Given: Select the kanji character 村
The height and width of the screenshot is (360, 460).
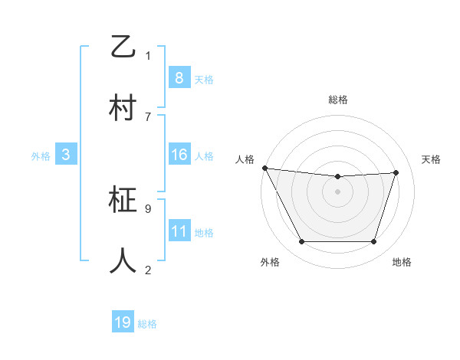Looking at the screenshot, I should [x=124, y=108].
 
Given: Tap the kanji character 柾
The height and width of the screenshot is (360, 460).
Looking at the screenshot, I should [x=124, y=201].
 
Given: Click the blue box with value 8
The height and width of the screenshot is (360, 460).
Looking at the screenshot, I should [x=179, y=78].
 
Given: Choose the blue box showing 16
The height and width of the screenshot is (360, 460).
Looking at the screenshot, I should [x=179, y=155].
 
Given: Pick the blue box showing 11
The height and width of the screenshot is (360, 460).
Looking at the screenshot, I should [x=179, y=231].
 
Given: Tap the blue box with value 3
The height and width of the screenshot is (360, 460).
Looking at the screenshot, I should [x=66, y=155].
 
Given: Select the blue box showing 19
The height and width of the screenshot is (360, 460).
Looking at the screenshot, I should [x=123, y=322].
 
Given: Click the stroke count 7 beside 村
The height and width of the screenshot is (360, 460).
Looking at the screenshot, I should [x=148, y=116].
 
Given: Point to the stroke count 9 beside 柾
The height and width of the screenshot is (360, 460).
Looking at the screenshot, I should [x=148, y=208].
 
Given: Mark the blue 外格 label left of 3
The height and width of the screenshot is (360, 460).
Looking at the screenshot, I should [x=41, y=155].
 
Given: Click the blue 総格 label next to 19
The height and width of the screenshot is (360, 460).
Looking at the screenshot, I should [x=147, y=324].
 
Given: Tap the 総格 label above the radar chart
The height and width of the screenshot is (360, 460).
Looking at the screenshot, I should [x=337, y=100].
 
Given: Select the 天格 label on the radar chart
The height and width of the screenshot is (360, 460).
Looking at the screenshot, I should [x=432, y=159].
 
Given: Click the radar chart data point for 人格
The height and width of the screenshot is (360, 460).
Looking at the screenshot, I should [x=264, y=168].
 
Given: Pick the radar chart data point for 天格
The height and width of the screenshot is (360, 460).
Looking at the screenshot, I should [x=396, y=172].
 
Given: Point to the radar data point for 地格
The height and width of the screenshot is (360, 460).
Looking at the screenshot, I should [x=373, y=242].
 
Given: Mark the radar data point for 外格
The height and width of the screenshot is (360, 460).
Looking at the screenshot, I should [x=301, y=242].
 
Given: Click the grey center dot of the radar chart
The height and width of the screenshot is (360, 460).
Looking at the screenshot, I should [x=337, y=191].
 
